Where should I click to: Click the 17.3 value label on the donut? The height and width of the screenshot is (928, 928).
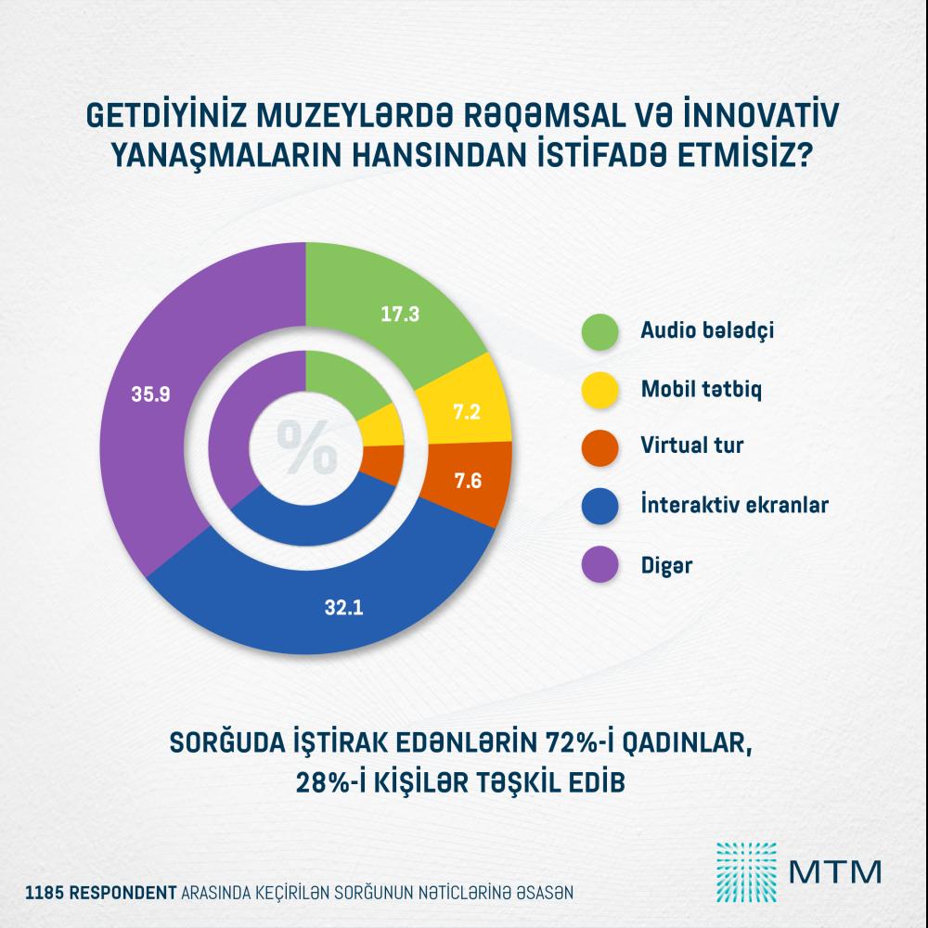click(401, 315)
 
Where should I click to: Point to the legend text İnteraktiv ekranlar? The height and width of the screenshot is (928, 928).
click(734, 505)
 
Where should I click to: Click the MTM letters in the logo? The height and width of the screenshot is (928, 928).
click(833, 872)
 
